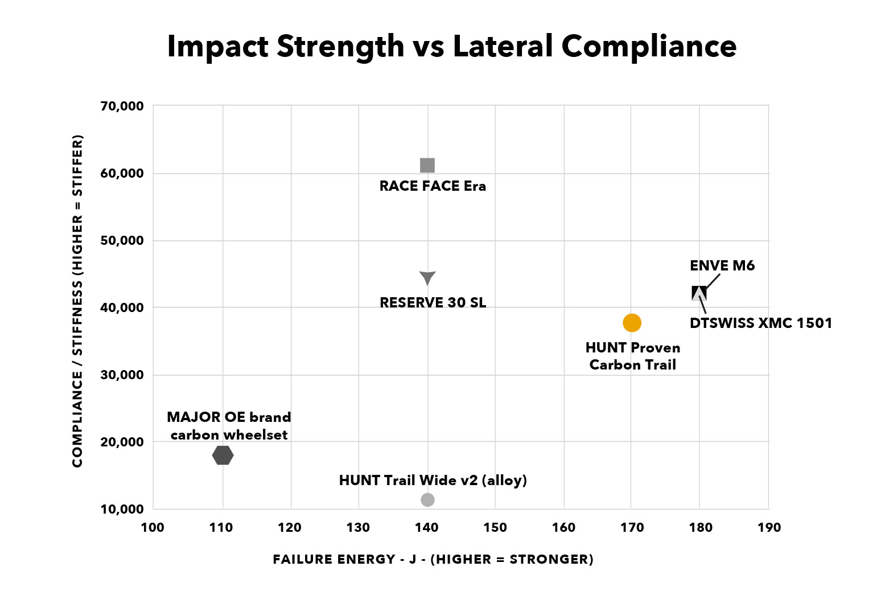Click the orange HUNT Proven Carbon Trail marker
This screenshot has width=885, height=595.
pyautogui.click(x=632, y=323)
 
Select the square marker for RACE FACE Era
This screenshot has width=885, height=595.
pyautogui.click(x=427, y=165)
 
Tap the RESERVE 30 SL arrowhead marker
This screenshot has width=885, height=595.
pyautogui.click(x=427, y=277)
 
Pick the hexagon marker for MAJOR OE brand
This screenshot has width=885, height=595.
pyautogui.click(x=223, y=455)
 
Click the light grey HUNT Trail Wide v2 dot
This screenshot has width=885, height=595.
pyautogui.click(x=427, y=499)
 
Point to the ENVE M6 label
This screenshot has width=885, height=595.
pyautogui.click(x=722, y=266)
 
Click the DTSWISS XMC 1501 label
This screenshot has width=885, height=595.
pyautogui.click(x=760, y=323)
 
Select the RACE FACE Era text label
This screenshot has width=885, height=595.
pyautogui.click(x=433, y=186)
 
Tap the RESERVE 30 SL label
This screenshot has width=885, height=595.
pyautogui.click(x=433, y=303)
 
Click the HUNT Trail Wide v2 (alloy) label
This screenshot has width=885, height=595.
pyautogui.click(x=433, y=481)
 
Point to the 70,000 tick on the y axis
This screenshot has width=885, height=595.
pyautogui.click(x=122, y=106)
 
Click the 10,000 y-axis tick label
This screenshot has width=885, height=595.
pyautogui.click(x=122, y=509)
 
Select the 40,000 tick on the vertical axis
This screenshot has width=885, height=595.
pyautogui.click(x=122, y=307)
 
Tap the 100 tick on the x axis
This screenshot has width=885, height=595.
pyautogui.click(x=153, y=527)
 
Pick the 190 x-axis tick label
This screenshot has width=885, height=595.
pyautogui.click(x=769, y=527)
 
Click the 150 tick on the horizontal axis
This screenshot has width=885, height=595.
pyautogui.click(x=495, y=527)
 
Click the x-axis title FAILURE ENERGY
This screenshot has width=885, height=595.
pyautogui.click(x=433, y=559)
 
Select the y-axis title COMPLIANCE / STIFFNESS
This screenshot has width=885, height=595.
pyautogui.click(x=77, y=301)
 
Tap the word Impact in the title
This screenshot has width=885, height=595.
pyautogui.click(x=216, y=46)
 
